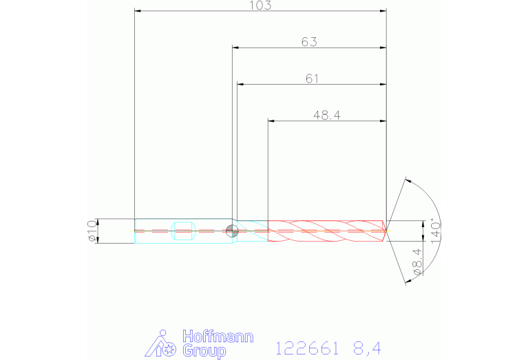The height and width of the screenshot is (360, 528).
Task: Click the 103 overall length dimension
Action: [260, 6]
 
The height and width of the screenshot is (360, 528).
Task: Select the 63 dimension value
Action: [309, 42]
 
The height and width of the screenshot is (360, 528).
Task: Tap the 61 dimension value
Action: [312, 78]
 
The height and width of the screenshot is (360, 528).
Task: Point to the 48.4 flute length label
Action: [327, 115]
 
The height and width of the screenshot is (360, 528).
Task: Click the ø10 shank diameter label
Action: [92, 231]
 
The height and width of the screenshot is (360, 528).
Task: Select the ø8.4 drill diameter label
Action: [417, 262]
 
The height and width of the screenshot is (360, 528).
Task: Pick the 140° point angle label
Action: [435, 233]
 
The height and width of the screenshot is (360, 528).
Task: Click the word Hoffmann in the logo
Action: [218, 337]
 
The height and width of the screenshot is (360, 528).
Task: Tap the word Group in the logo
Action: [204, 351]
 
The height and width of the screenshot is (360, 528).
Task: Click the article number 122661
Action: [307, 348]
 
